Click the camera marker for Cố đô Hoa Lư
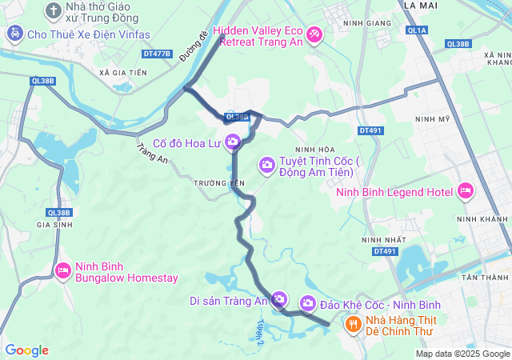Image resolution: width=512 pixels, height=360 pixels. (233, 142)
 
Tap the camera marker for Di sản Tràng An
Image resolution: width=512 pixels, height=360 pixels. (279, 300)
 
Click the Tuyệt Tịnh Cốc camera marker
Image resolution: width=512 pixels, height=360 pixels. (267, 166)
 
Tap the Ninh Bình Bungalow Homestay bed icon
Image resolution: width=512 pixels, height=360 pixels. (63, 271)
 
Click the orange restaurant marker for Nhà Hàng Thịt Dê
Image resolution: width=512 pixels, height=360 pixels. (352, 323)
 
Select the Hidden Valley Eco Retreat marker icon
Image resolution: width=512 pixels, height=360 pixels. (314, 34)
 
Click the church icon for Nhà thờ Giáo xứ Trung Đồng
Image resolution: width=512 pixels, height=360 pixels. (53, 10)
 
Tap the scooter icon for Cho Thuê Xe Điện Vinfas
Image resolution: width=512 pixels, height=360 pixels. (14, 34)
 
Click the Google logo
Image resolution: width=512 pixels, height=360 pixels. (26, 350)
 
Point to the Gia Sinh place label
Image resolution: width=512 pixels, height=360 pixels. (54, 226)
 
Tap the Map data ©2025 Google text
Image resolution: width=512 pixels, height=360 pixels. (462, 354)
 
